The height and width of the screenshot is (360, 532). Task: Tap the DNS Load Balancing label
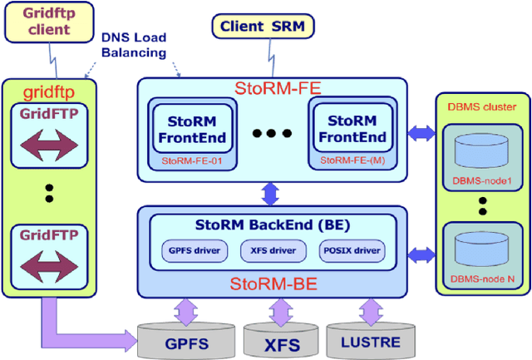coord(133,45)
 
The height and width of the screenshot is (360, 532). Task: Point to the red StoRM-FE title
coord(273,89)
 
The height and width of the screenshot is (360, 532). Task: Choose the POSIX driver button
coord(351,249)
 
